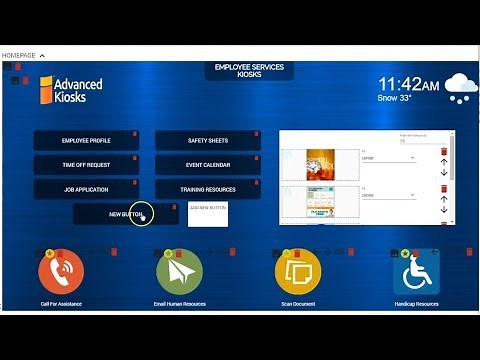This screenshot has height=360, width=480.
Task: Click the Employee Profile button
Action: tap(86, 141)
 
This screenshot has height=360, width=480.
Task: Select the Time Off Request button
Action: tap(86, 165)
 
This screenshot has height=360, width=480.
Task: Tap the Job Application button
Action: tap(86, 189)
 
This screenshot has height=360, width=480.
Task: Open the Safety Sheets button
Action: tap(208, 141)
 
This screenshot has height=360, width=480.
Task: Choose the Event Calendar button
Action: tap(208, 165)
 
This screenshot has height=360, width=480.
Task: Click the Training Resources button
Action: tap(208, 189)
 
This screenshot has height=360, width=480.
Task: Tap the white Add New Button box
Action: tap(208, 213)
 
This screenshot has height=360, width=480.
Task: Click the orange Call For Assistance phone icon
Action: tap(61, 273)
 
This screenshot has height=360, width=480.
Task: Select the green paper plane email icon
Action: tap(179, 272)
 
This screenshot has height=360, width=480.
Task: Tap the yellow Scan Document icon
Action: tap(297, 272)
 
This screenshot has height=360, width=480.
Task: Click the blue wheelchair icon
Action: tap(416, 272)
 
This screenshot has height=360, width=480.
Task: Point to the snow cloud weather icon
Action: tap(459, 88)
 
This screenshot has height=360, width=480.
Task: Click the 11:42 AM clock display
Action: tap(408, 85)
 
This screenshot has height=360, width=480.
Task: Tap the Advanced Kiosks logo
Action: tap(71, 90)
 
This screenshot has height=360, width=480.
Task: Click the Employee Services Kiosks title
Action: tap(249, 71)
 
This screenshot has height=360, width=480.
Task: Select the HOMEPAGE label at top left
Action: tap(18, 55)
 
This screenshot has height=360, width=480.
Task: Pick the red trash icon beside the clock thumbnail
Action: tap(444, 152)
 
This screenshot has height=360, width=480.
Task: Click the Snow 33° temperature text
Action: tap(396, 99)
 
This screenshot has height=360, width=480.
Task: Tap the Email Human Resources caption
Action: tap(179, 303)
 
